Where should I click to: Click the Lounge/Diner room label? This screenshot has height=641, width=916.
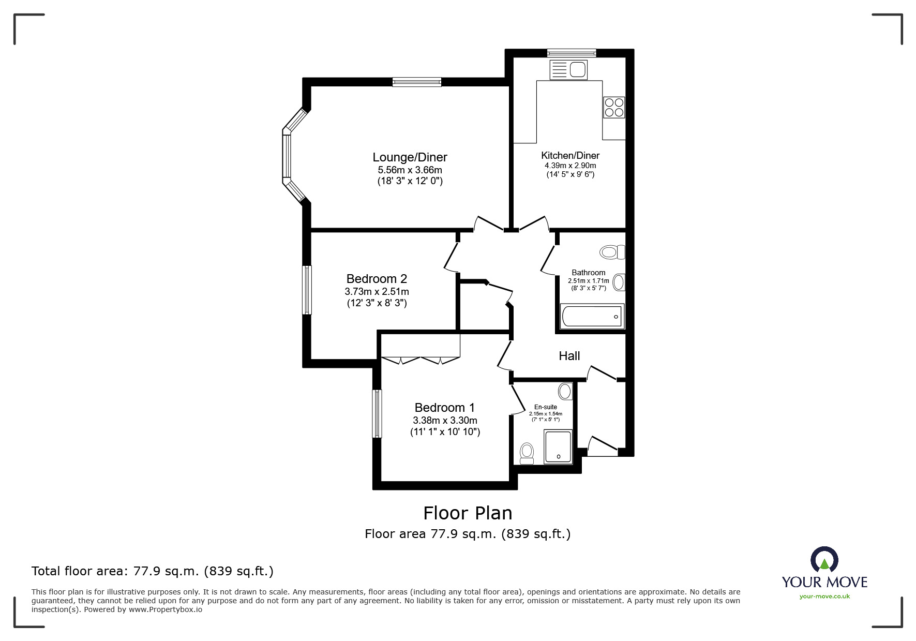410,157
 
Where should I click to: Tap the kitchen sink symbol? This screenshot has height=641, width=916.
568,70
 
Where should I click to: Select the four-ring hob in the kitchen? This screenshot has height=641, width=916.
614,107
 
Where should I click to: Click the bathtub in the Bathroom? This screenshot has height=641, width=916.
592,316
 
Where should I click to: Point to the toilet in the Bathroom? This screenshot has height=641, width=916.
612,252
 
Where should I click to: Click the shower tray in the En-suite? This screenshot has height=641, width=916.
558,446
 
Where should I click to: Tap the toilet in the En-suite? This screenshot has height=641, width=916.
527,453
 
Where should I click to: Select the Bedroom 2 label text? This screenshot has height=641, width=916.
377,279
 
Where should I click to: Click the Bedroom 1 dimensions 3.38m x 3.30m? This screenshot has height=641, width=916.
445,421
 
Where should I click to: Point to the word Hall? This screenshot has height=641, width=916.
569,356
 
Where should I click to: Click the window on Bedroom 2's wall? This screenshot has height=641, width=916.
307,290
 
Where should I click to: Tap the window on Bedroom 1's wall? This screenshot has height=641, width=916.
378,414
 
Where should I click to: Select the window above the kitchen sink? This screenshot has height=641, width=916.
572,52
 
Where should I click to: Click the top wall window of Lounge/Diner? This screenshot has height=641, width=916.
416,81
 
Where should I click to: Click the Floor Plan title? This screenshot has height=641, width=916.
468,513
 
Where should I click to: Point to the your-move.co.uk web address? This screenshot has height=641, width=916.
824,597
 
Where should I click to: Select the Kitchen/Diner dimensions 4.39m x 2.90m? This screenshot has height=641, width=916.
570,166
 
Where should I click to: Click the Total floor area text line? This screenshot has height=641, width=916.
153,571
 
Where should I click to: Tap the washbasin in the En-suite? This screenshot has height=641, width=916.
566,391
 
